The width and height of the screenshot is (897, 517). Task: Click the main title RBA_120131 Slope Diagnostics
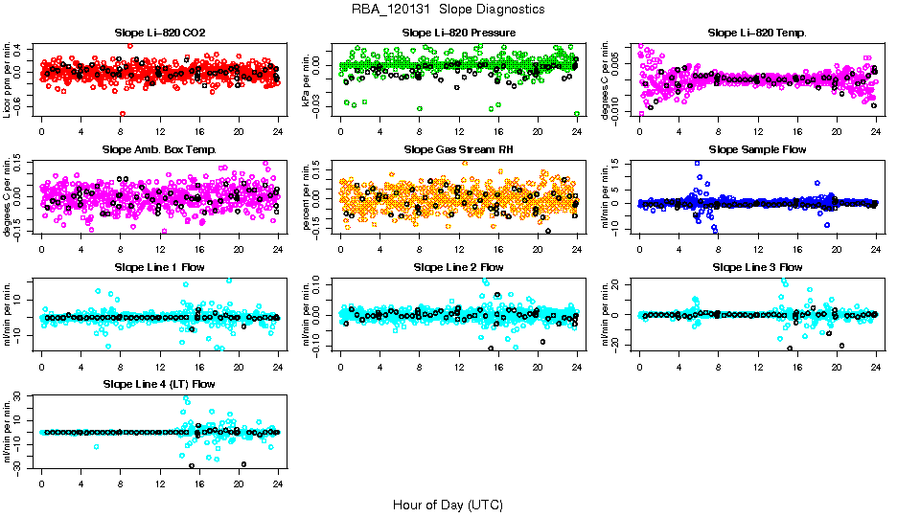448,9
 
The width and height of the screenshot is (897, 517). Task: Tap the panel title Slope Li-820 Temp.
757,33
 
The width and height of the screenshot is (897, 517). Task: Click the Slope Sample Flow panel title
757,149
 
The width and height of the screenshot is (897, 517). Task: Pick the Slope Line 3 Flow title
757,267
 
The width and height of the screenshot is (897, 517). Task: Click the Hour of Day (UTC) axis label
448,504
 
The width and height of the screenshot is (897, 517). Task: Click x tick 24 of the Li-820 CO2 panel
278,131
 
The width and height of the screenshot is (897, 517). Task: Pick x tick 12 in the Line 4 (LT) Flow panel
160,483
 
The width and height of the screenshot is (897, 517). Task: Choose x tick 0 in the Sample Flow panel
639,248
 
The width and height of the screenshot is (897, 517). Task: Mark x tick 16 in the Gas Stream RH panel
498,248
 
